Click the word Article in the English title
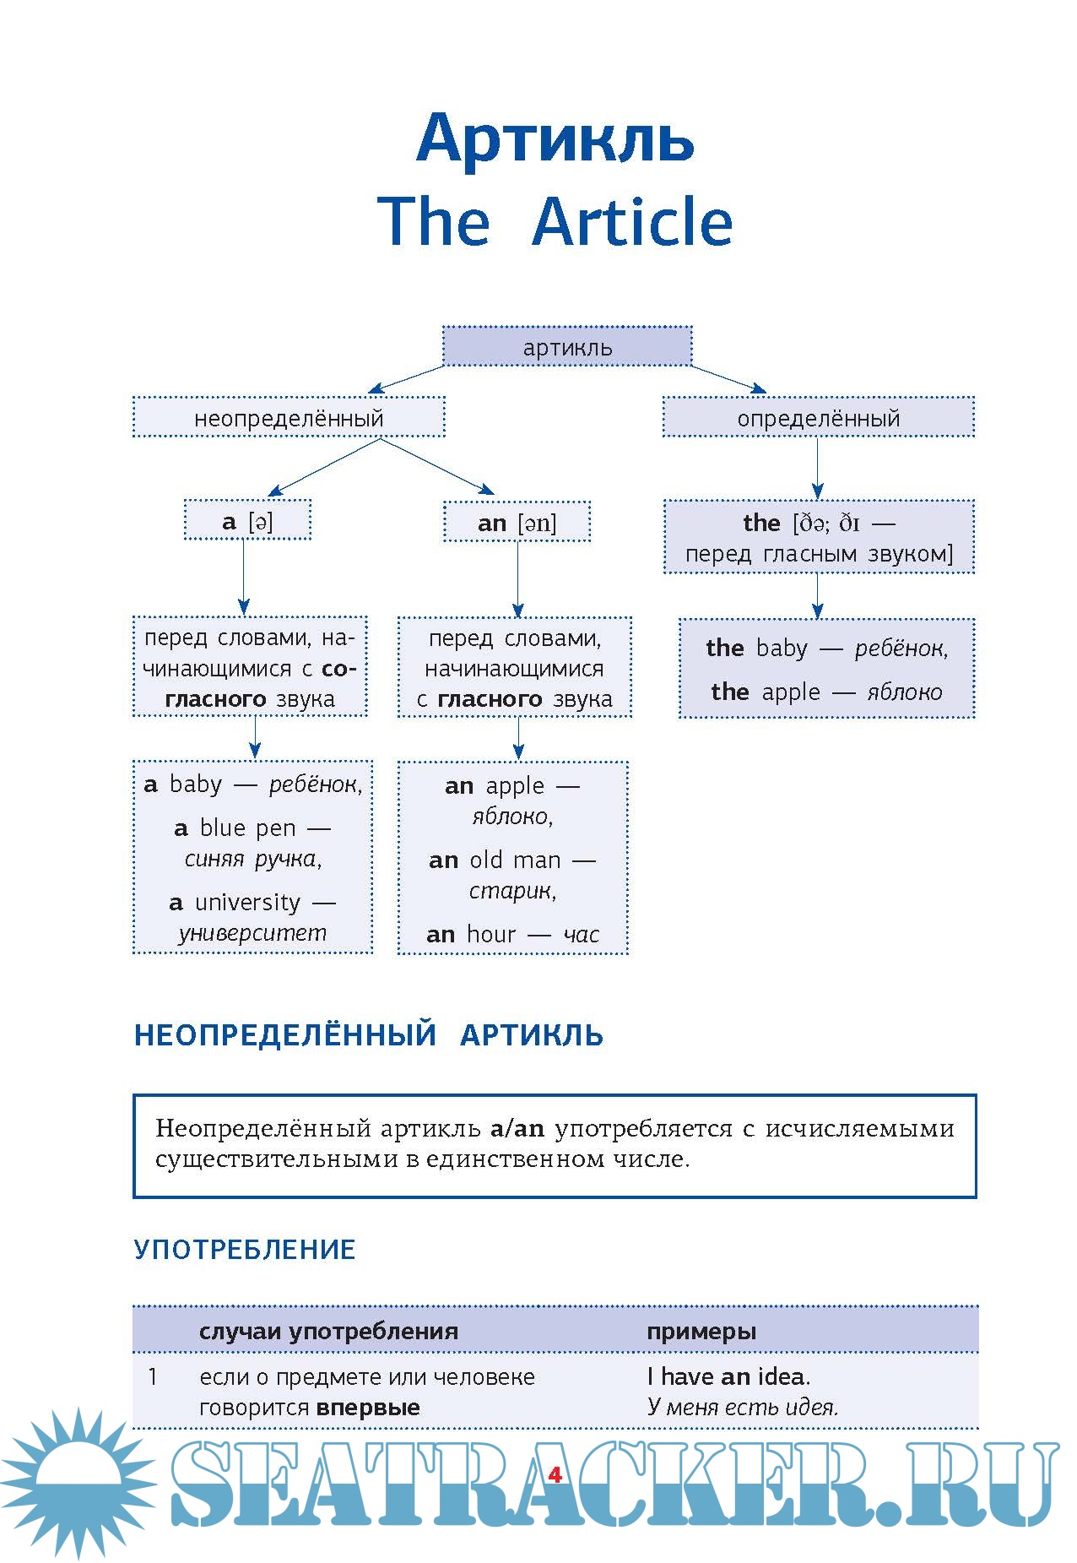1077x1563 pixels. point(632,221)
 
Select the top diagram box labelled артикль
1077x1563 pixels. point(567,347)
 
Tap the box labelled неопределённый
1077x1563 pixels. point(289,418)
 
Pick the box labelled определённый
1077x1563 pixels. point(818,418)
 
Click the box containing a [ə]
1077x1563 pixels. point(247,521)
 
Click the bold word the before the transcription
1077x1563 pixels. point(761,523)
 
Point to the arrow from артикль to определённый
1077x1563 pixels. point(728,378)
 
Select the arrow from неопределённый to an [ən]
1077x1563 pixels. point(437,466)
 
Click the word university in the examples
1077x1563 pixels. point(247,903)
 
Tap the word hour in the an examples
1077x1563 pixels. point(491,935)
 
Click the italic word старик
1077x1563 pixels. point(512,891)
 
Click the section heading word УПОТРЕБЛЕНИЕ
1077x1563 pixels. point(244,1249)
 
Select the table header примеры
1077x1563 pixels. point(701,1332)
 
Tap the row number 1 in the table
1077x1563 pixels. point(153,1377)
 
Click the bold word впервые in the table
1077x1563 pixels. point(368,1408)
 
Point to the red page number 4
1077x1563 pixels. point(555,1475)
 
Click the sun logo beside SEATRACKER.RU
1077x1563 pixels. point(78,1482)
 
